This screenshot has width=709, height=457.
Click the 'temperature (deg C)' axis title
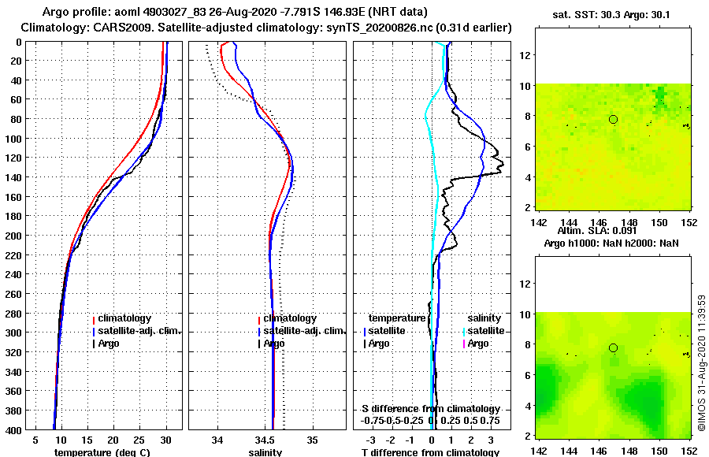tap(102, 451)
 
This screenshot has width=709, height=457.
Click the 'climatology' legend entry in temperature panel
tap(123, 318)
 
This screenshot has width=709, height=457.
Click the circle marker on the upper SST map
tap(613, 119)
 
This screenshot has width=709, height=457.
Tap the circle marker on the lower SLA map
tap(613, 347)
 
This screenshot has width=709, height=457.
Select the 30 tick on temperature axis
tap(166, 440)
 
